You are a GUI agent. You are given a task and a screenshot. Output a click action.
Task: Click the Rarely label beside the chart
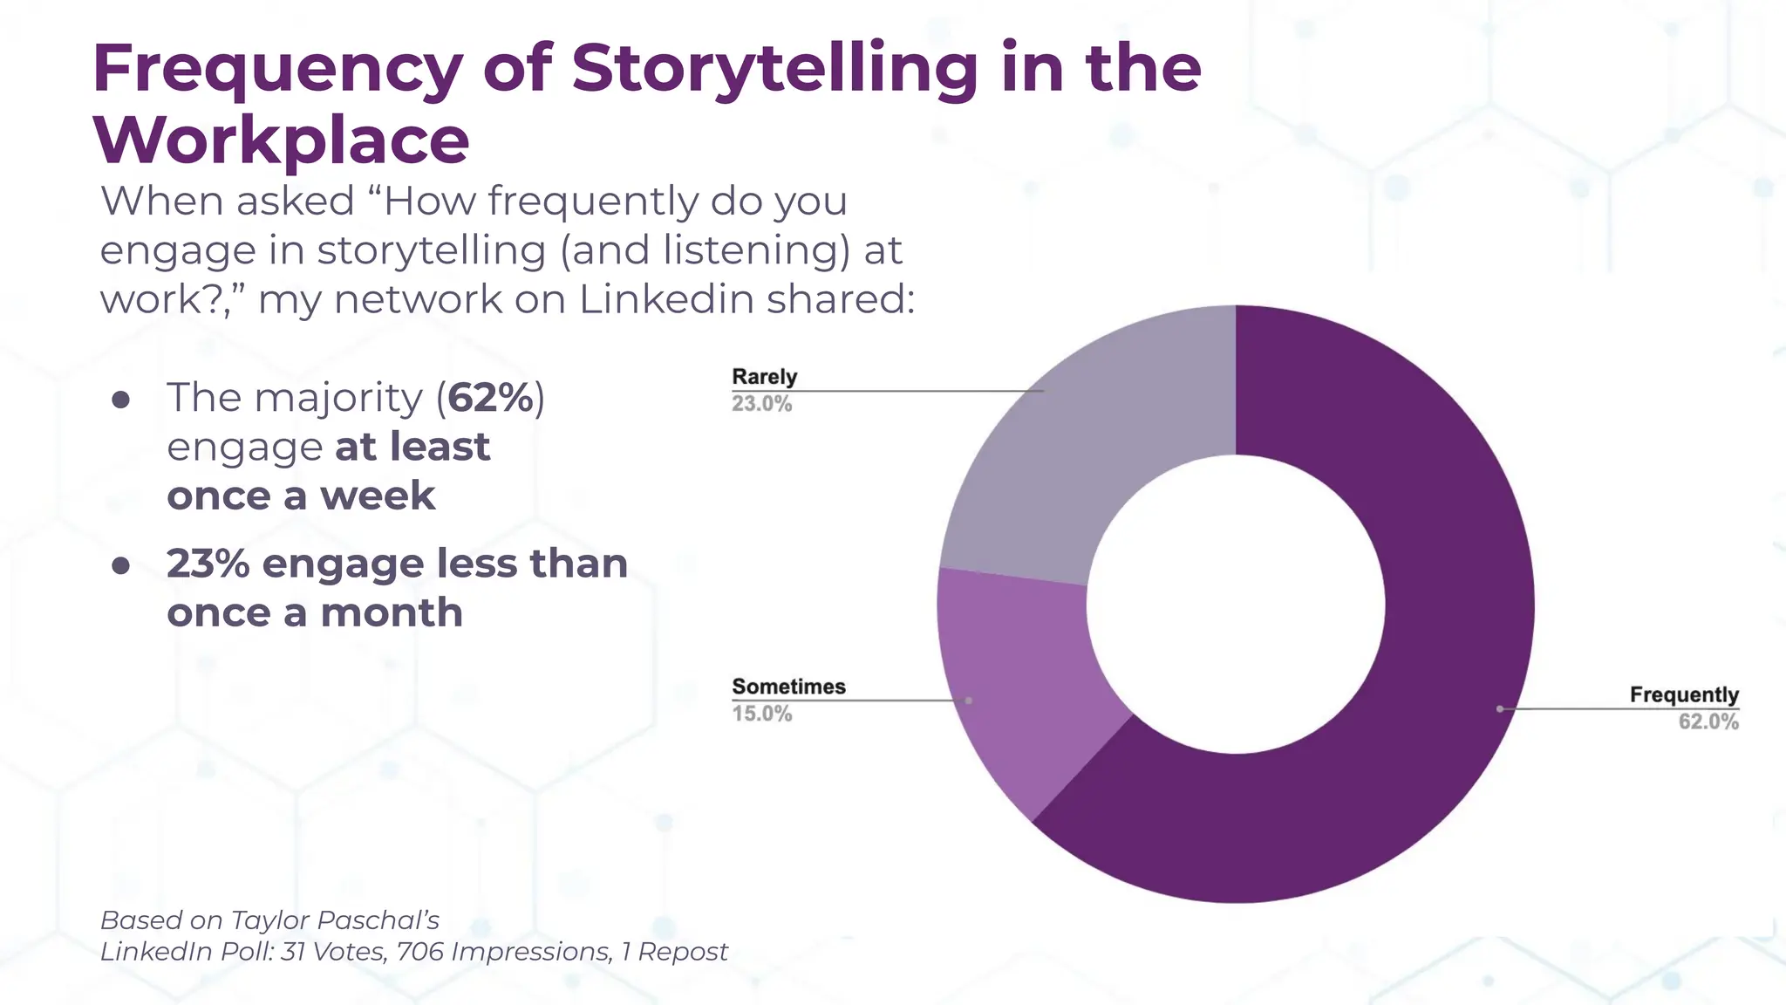(x=764, y=377)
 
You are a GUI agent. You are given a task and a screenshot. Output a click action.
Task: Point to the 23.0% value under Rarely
(x=761, y=404)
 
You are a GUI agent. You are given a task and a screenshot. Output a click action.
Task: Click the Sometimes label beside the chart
(x=788, y=687)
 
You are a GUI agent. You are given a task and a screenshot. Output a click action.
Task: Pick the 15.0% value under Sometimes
(x=761, y=714)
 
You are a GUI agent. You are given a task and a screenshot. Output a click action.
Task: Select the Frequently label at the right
(x=1683, y=694)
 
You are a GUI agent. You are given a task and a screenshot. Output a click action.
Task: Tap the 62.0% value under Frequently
(x=1708, y=721)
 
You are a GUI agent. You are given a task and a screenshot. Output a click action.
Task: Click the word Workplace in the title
(x=281, y=140)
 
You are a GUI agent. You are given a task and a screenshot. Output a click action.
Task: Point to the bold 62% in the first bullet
(x=491, y=398)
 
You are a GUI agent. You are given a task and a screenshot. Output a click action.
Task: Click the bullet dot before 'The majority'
(x=121, y=400)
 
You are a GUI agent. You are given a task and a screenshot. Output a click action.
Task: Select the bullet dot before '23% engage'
(x=121, y=566)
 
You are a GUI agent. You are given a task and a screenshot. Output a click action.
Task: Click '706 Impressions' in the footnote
(x=503, y=952)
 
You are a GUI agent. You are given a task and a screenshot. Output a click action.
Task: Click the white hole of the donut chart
(x=1235, y=604)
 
